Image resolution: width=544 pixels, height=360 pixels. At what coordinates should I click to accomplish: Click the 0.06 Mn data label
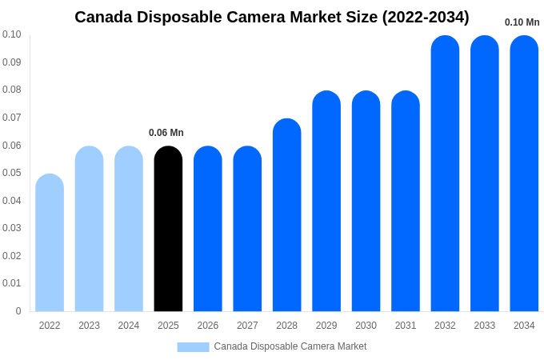click(x=166, y=133)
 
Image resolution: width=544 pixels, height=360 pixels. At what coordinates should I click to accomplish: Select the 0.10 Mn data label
click(x=522, y=22)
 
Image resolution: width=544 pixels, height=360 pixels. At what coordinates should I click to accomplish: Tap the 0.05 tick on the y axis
click(x=12, y=173)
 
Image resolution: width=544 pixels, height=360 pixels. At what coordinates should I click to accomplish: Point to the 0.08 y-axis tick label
click(x=12, y=90)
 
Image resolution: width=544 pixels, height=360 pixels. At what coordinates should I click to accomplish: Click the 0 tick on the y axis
click(x=18, y=311)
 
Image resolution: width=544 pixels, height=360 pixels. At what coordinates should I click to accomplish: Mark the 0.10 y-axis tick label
click(x=12, y=34)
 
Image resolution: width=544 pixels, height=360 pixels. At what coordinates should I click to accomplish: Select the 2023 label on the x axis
click(x=89, y=326)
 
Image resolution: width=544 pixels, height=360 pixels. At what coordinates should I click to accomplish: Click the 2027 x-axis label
click(x=247, y=326)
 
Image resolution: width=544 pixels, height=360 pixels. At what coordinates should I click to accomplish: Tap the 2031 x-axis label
click(x=406, y=326)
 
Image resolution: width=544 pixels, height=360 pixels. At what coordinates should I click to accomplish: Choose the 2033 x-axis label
click(x=484, y=326)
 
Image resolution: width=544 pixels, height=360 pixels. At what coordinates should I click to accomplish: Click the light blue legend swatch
click(x=193, y=346)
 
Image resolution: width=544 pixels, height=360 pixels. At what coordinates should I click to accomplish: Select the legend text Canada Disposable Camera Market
click(x=290, y=346)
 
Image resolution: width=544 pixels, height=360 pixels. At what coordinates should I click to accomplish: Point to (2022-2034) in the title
click(x=423, y=17)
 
